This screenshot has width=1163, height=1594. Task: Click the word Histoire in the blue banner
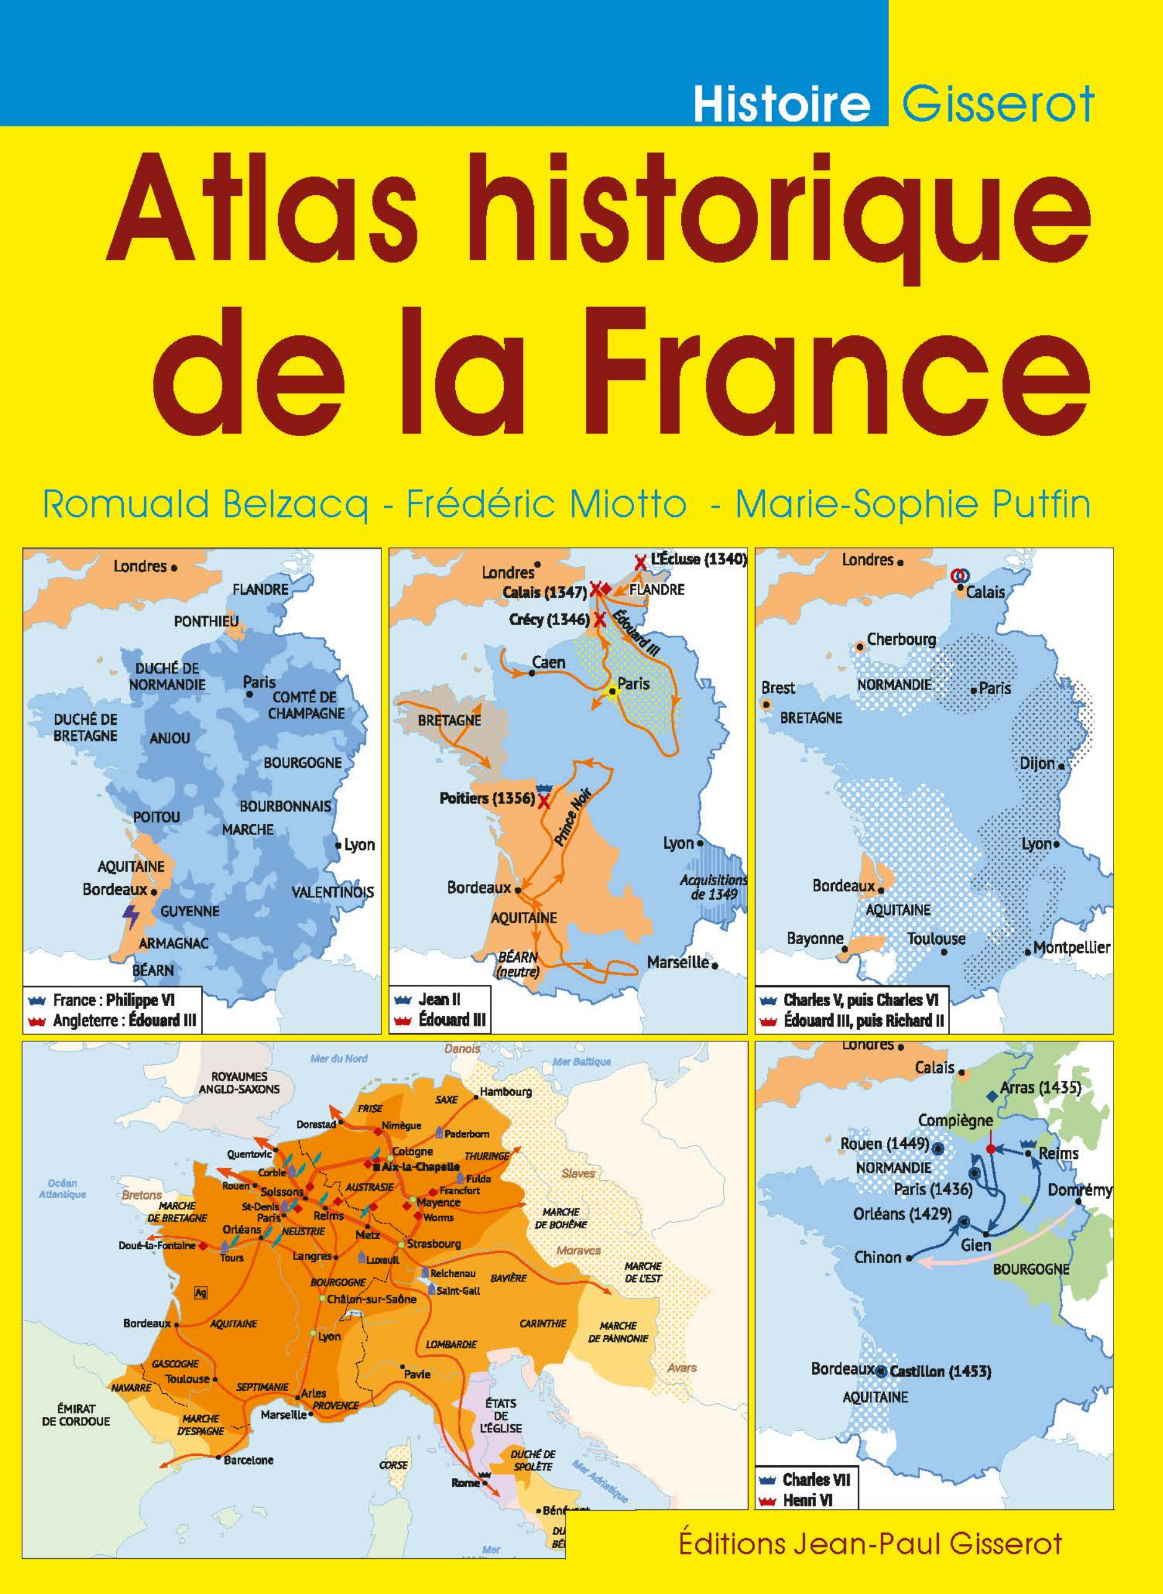[782, 103]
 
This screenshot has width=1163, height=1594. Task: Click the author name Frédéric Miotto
[547, 505]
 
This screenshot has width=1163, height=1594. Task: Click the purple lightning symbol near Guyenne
[131, 917]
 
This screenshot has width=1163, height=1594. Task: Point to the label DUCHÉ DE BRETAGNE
[86, 727]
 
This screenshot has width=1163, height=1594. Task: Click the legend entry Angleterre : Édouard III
[124, 1020]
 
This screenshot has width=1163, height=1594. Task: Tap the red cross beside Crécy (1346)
[600, 620]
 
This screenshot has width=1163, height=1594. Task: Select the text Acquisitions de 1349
[713, 887]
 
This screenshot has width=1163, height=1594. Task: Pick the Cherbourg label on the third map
[901, 639]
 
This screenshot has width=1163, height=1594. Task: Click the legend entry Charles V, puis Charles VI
[860, 1000]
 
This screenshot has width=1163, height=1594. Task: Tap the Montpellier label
[1071, 947]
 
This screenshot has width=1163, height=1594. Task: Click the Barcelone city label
[248, 1460]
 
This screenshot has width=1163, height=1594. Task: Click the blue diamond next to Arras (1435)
[991, 1097]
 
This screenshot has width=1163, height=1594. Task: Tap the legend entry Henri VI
[808, 1500]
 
